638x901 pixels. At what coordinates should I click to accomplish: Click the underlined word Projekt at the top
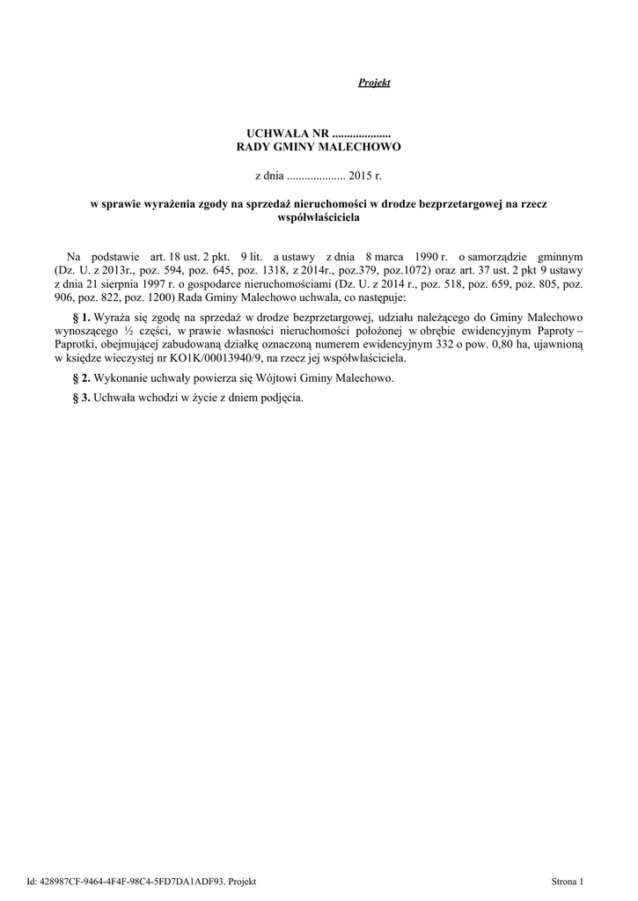point(374,83)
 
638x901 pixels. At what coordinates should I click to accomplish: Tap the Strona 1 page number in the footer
point(568,881)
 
